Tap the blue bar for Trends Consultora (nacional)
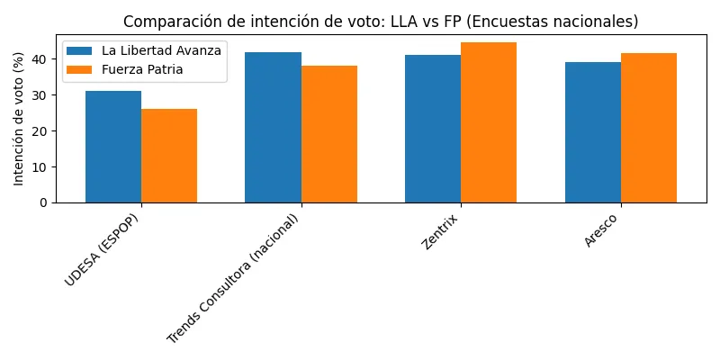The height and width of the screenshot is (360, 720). pyautogui.click(x=273, y=127)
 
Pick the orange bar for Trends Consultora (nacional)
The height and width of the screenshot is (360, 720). pyautogui.click(x=329, y=134)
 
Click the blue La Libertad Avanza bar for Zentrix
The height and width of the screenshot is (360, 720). pyautogui.click(x=433, y=129)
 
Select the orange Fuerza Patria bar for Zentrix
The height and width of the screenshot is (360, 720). pyautogui.click(x=489, y=122)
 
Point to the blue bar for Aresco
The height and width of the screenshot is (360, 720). pyautogui.click(x=593, y=132)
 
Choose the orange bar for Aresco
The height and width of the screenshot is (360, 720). pyautogui.click(x=649, y=128)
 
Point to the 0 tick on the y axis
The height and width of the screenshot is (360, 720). pyautogui.click(x=42, y=202)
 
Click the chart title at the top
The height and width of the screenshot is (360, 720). pyautogui.click(x=380, y=21)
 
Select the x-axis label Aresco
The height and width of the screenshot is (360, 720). pyautogui.click(x=602, y=230)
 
